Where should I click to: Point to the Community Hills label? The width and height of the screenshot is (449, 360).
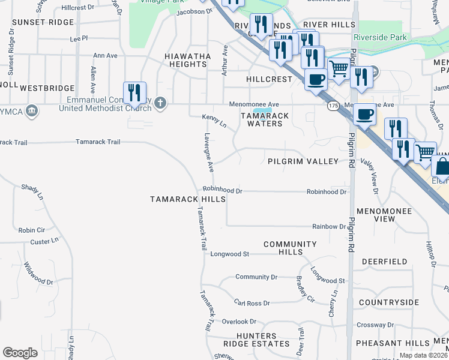[x=290, y=248]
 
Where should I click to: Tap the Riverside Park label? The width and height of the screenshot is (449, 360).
[x=381, y=38]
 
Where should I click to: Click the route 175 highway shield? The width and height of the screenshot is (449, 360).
[x=334, y=106]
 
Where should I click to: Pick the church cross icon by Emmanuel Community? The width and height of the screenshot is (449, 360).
[x=159, y=103]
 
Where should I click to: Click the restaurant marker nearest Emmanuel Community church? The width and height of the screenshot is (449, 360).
[x=134, y=94]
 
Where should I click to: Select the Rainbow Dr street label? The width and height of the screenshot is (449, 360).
[x=329, y=226]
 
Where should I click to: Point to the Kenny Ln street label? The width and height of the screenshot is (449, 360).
[x=214, y=121]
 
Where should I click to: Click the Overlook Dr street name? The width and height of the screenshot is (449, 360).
[x=239, y=322]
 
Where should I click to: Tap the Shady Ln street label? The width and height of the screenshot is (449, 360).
[x=32, y=191]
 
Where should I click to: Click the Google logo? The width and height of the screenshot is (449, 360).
[x=20, y=353]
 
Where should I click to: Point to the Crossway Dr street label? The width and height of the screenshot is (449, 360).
[x=374, y=325]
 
